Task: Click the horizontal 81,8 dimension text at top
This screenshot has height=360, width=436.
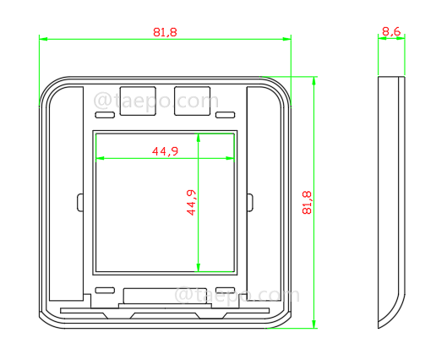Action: (165, 31)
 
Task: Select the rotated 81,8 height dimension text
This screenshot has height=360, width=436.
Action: (306, 204)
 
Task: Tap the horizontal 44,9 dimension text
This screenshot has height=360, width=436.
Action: (165, 151)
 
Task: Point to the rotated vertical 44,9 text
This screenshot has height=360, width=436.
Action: (191, 203)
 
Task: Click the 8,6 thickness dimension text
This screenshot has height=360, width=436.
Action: (390, 31)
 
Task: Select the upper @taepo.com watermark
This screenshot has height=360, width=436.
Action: (155, 101)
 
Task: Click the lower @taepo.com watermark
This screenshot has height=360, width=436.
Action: (237, 296)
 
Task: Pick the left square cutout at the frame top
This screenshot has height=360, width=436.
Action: (138, 99)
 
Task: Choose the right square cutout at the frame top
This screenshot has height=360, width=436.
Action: (192, 99)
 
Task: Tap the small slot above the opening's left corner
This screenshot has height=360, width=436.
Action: (104, 114)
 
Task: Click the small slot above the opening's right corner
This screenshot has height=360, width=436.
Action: (225, 114)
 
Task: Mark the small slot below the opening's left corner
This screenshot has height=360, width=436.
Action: (104, 290)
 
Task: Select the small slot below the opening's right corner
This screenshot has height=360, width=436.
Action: (225, 290)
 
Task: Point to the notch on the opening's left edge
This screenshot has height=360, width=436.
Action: (80, 202)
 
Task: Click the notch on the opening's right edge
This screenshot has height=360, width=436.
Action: (249, 202)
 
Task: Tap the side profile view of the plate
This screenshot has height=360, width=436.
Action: (390, 203)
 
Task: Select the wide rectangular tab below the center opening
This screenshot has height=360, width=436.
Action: (165, 296)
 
